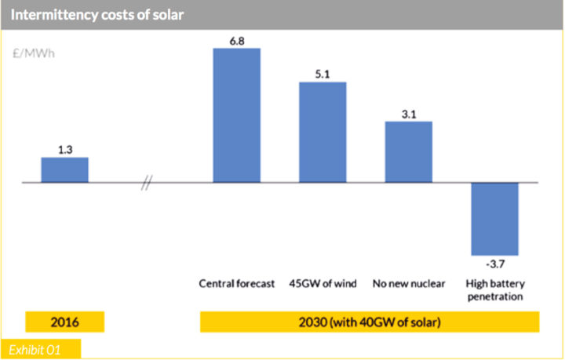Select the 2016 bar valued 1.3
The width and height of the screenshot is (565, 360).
[x=64, y=169]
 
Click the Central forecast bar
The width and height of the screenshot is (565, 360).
[x=236, y=115]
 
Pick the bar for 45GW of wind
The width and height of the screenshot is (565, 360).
[x=323, y=132]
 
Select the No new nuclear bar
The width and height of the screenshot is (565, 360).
[x=408, y=151]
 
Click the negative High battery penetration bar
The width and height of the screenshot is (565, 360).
[x=494, y=219]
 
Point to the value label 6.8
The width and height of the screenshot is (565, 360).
[x=236, y=40]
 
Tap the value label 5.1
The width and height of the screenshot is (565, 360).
[x=323, y=73]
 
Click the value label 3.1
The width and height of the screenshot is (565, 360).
[x=408, y=112]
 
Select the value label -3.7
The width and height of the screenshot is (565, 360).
[x=494, y=265]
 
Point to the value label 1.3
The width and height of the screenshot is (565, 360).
[x=64, y=147]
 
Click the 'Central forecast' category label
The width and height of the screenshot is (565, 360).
[x=236, y=283]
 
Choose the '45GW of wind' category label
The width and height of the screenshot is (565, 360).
[x=323, y=283]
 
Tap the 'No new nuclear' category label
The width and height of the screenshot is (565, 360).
[x=408, y=283]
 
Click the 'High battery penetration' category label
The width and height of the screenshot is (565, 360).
[x=494, y=290]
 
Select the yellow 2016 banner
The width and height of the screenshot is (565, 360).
[x=64, y=322]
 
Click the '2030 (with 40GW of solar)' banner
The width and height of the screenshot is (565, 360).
[x=370, y=322]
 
